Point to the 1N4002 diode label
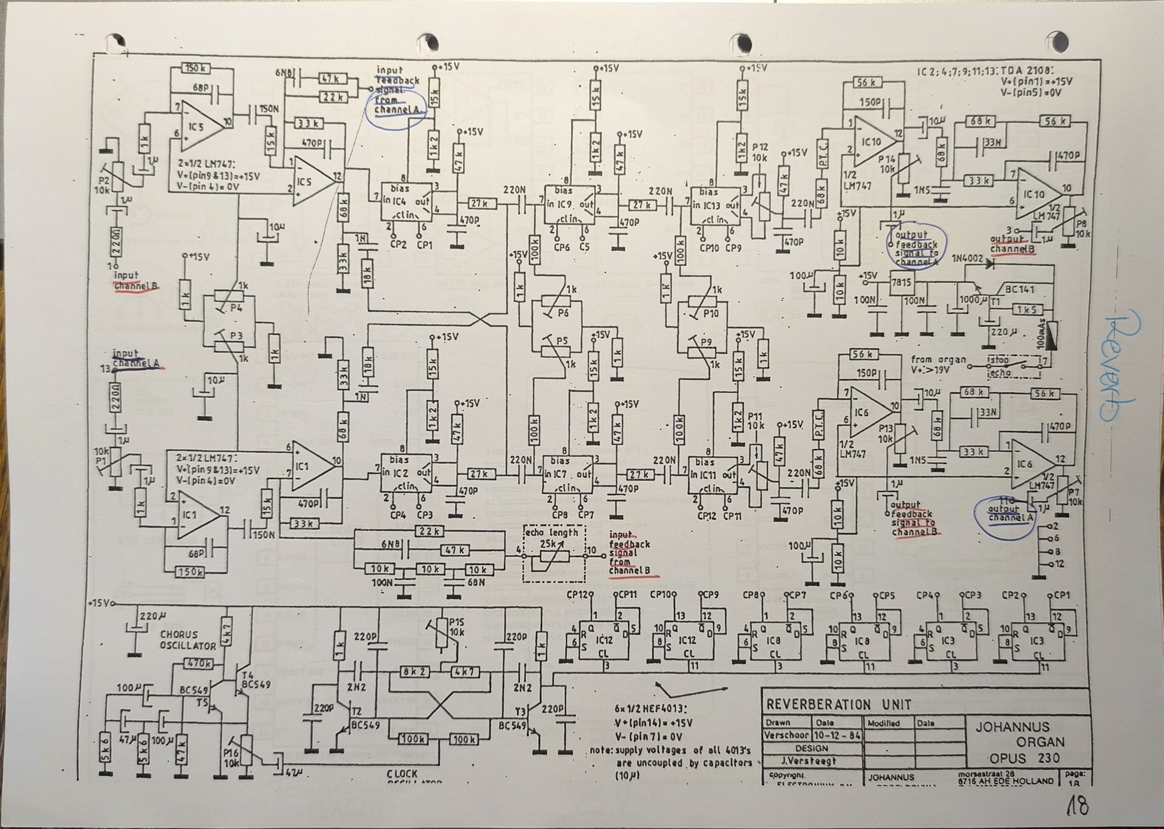coord(967,259)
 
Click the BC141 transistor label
coord(1019,289)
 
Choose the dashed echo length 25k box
coord(554,553)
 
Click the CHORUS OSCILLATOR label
coord(187,640)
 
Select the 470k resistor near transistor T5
coord(199,663)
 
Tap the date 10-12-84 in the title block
coord(837,735)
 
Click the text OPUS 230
coord(1025,758)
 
